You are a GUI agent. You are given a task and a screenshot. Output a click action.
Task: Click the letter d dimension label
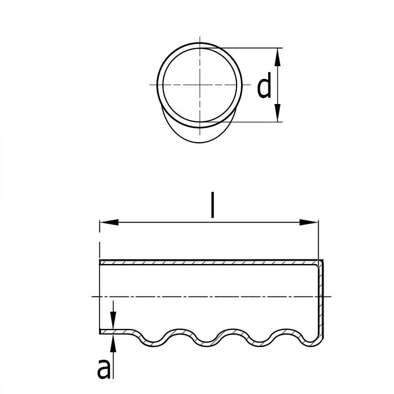(x=264, y=87)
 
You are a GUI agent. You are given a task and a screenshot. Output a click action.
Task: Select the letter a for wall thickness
(x=104, y=369)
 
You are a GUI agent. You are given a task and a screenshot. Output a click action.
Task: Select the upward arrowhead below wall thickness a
(x=113, y=343)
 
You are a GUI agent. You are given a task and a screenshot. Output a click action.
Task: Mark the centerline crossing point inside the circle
(x=200, y=84)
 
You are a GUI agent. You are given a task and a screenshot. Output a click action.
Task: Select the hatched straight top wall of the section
(x=209, y=262)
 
